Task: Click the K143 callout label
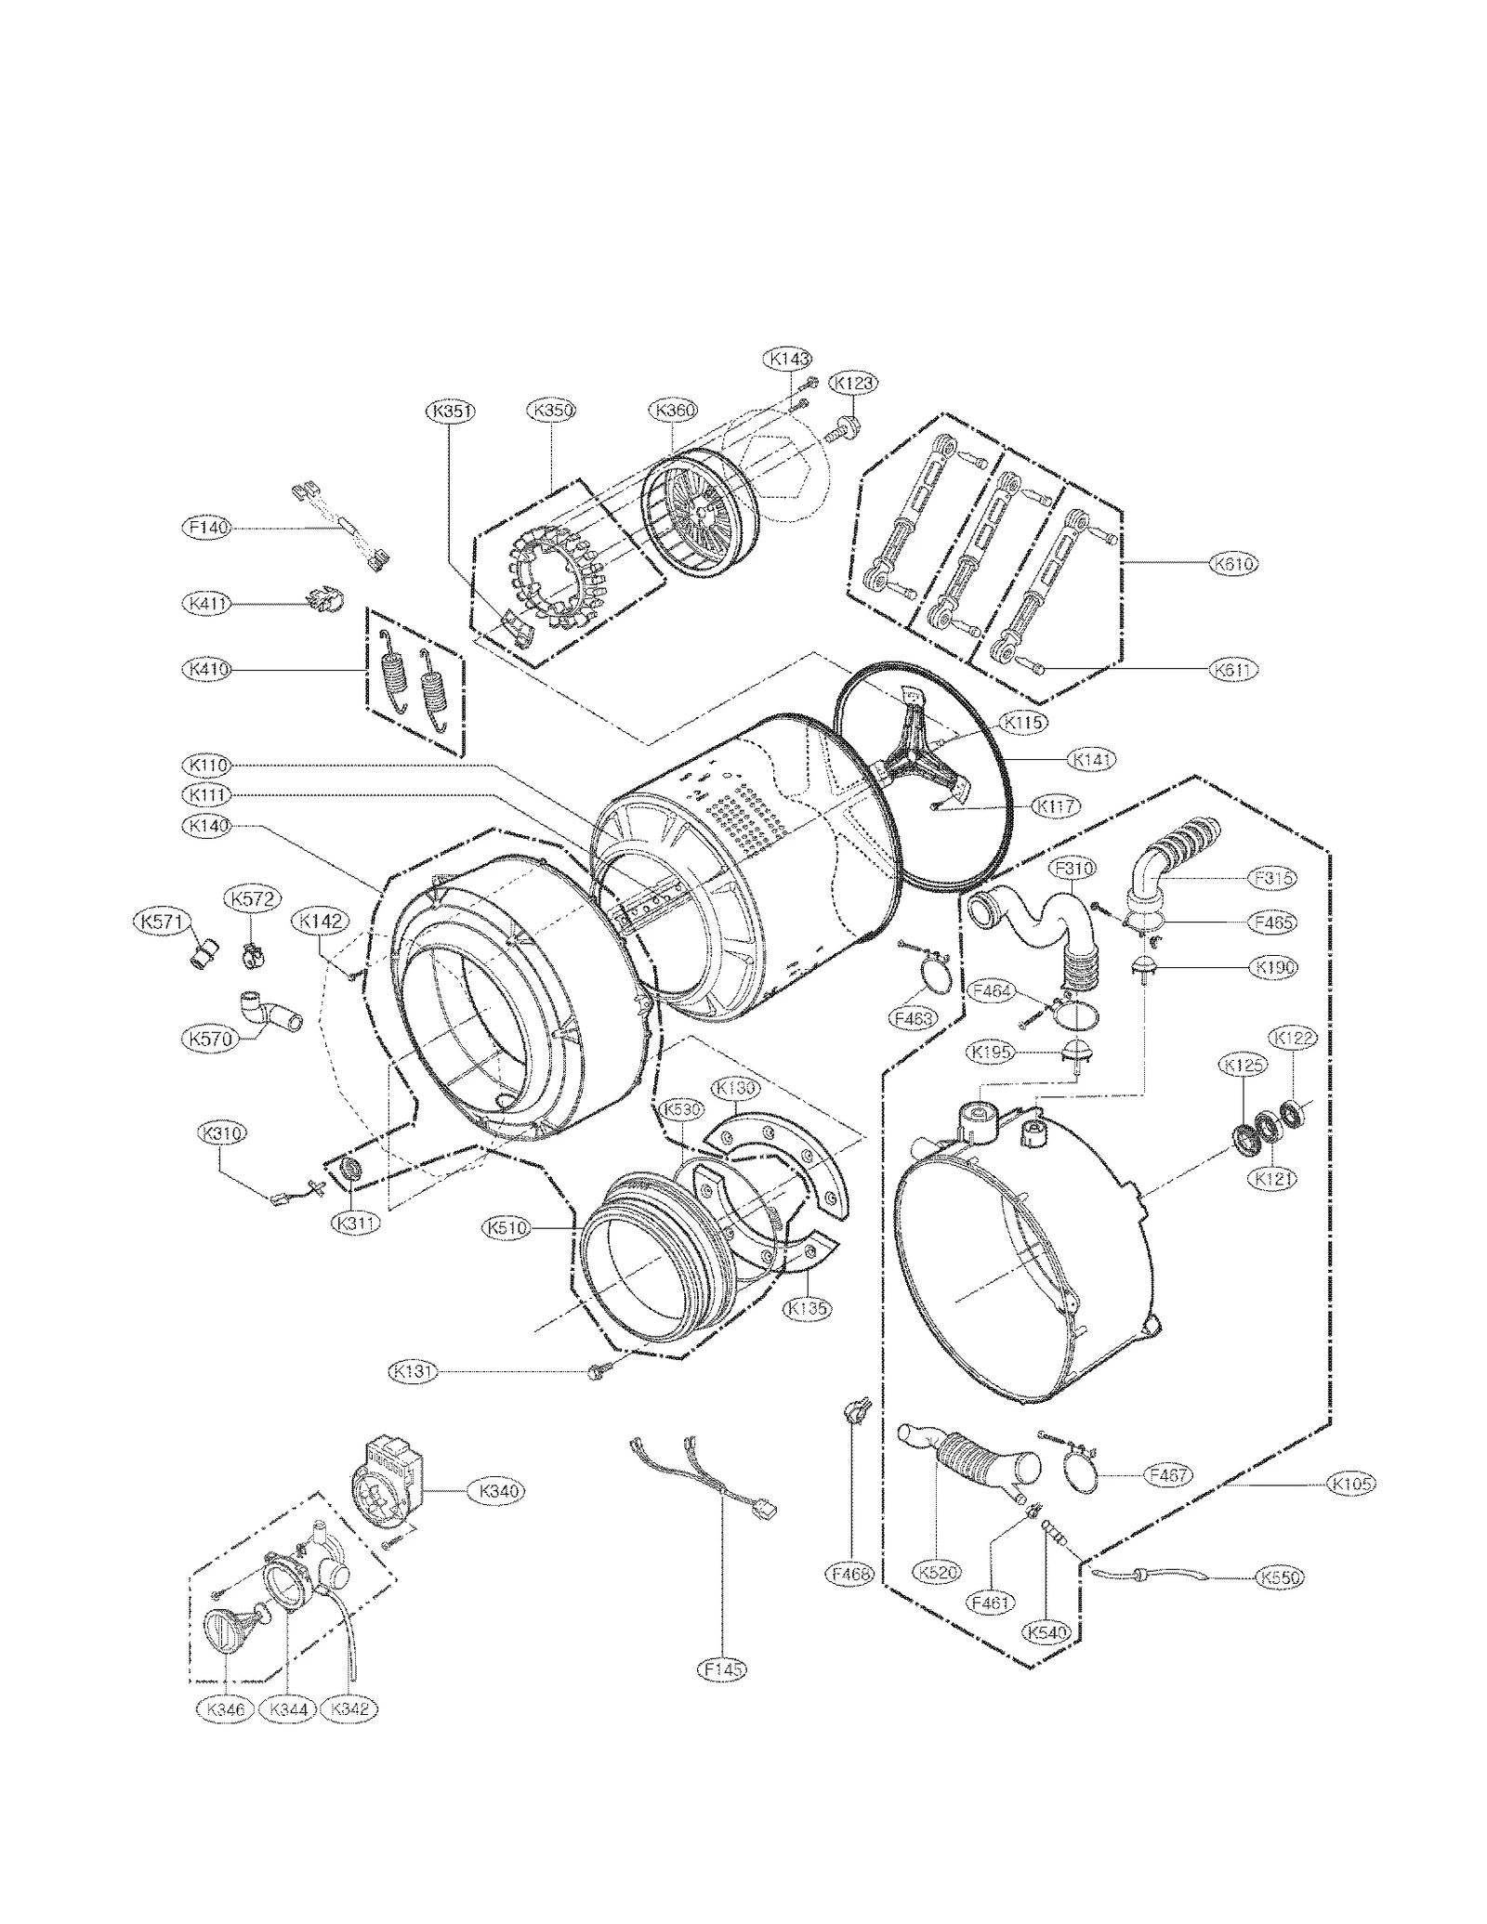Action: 788,358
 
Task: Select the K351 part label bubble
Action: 451,411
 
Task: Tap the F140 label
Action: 205,528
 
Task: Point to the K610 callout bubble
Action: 1233,563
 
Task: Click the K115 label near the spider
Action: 1023,722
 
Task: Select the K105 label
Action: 1351,1484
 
